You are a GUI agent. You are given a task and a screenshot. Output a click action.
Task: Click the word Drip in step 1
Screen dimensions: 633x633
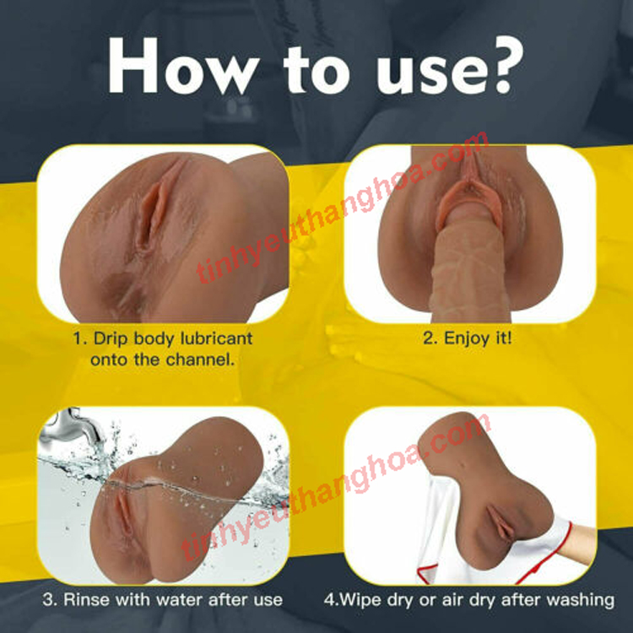click(x=111, y=338)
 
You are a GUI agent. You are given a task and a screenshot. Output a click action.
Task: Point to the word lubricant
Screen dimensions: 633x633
click(x=214, y=338)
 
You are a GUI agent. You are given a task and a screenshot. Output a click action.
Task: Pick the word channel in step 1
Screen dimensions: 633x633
click(x=200, y=359)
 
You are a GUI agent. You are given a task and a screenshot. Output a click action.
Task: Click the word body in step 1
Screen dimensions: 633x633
click(x=157, y=338)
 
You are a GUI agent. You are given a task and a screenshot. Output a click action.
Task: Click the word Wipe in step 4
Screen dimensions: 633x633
click(x=357, y=600)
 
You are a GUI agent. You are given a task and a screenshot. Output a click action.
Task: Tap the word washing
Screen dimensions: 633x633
click(x=582, y=600)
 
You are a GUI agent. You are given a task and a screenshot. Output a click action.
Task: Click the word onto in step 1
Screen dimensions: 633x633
click(x=108, y=359)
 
